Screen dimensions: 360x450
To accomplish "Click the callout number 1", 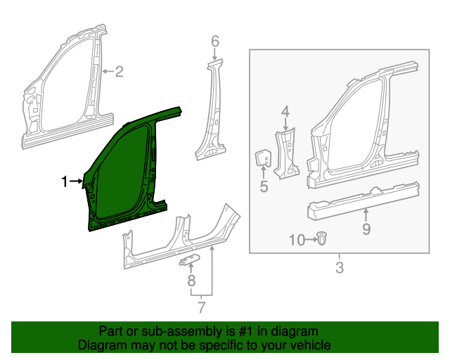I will (x=65, y=182).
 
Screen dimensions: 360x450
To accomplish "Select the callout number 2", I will (x=119, y=71).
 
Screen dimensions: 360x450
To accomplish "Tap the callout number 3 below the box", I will (x=339, y=267).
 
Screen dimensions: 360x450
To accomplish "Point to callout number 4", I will (x=285, y=111).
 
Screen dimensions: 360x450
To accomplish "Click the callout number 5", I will (x=264, y=186).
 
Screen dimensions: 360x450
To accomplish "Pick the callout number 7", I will (x=201, y=307).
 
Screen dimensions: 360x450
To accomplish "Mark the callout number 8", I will (x=190, y=281).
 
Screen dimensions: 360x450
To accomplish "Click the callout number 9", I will (x=366, y=228).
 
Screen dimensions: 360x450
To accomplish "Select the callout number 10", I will (x=297, y=240).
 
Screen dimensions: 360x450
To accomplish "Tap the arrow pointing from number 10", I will (x=309, y=240).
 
